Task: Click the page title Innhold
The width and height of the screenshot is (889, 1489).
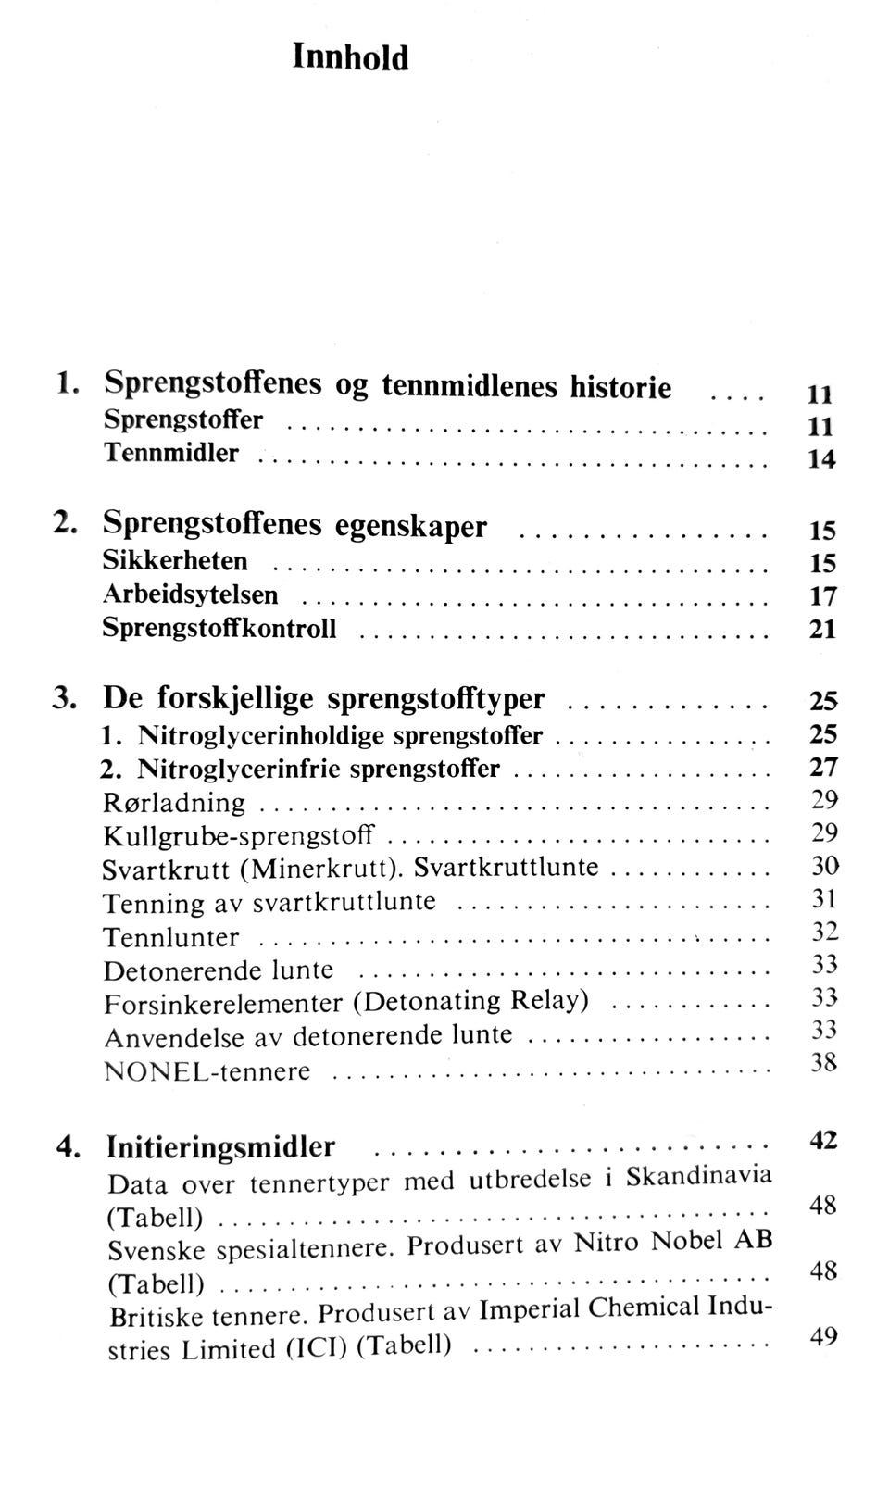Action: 350,57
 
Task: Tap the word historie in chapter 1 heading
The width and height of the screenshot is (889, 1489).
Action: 620,386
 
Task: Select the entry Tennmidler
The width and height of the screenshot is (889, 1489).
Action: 170,453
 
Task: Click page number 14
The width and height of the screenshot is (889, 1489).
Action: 821,459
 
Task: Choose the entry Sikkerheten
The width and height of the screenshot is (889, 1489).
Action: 175,561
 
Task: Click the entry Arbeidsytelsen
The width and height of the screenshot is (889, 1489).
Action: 190,594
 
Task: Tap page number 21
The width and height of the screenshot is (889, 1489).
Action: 822,630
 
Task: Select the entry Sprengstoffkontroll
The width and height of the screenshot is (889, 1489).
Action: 219,629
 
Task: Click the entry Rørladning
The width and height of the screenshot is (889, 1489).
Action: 174,803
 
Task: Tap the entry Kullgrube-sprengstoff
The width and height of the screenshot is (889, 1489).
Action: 239,836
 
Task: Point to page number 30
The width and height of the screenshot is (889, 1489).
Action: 824,866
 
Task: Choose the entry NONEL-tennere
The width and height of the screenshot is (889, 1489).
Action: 207,1071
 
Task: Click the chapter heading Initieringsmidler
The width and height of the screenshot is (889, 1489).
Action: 220,1147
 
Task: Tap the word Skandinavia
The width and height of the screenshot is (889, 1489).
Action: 698,1176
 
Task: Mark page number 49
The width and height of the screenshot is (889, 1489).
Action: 823,1336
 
